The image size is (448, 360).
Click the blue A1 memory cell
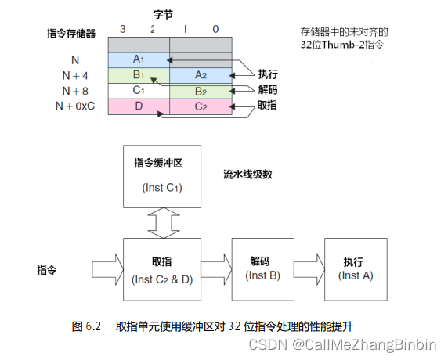[x=139, y=59]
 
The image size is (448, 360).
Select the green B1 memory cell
[x=139, y=75]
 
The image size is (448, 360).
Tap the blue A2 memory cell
[x=201, y=75]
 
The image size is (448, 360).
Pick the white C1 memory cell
[x=139, y=90]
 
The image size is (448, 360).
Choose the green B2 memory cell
[x=201, y=90]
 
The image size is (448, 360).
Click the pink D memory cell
[x=139, y=106]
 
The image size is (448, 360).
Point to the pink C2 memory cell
[x=201, y=106]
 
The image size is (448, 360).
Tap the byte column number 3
[x=122, y=30]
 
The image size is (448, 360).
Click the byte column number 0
[x=216, y=30]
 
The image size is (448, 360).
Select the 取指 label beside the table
[x=269, y=104]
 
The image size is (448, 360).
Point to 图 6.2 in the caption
[x=87, y=325]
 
